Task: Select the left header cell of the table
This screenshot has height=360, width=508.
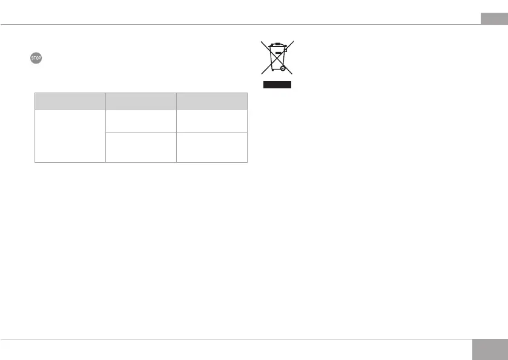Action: click(x=70, y=100)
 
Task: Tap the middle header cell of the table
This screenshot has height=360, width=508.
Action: click(x=140, y=100)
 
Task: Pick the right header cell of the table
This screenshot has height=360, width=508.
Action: click(x=212, y=100)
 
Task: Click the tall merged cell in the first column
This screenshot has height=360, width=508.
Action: click(x=70, y=136)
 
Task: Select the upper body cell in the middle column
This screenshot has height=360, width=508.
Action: click(x=140, y=120)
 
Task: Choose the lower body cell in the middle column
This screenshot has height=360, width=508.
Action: click(x=140, y=147)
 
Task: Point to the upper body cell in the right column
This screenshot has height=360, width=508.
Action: click(x=212, y=120)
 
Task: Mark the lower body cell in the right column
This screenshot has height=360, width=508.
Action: click(x=212, y=147)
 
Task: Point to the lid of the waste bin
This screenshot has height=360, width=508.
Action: click(x=277, y=44)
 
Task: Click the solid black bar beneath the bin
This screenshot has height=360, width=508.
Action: click(x=277, y=85)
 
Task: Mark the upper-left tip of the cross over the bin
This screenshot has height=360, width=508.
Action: click(x=262, y=41)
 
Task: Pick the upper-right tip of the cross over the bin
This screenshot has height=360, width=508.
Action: click(x=293, y=41)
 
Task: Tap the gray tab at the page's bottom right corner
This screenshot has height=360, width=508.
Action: click(x=489, y=350)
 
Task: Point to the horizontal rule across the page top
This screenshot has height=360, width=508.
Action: click(x=242, y=25)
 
